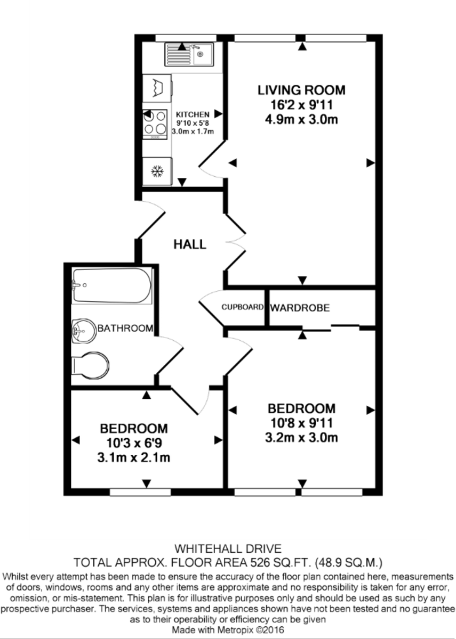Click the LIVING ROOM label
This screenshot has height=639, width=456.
pyautogui.click(x=301, y=89)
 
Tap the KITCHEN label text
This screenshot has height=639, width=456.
pyautogui.click(x=193, y=114)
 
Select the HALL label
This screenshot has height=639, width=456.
pyautogui.click(x=189, y=244)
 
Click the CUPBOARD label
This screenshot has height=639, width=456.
pyautogui.click(x=243, y=307)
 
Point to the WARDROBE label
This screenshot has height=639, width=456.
pyautogui.click(x=300, y=308)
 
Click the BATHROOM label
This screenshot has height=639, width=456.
pyautogui.click(x=125, y=329)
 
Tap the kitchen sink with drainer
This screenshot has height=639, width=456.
pyautogui.click(x=188, y=54)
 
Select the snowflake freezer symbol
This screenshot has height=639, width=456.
pyautogui.click(x=157, y=171)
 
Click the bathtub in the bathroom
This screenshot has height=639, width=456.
pyautogui.click(x=112, y=285)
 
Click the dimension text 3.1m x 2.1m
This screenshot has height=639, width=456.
pyautogui.click(x=134, y=457)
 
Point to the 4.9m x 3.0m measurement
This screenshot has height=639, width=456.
pyautogui.click(x=301, y=119)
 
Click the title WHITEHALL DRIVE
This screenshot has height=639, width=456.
pyautogui.click(x=228, y=548)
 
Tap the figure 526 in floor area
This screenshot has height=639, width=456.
pyautogui.click(x=269, y=562)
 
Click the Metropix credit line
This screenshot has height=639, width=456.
pyautogui.click(x=228, y=629)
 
